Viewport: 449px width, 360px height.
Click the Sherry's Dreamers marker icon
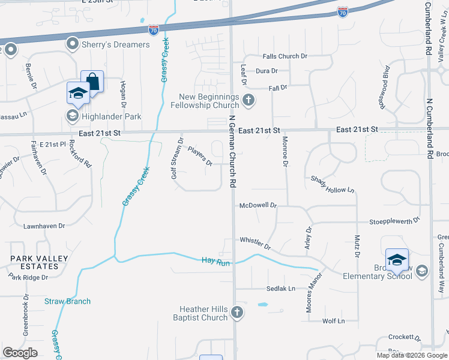click(73, 44)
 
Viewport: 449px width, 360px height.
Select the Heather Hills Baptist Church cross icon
click(237, 313)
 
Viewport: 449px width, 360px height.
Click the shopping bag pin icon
click(92, 80)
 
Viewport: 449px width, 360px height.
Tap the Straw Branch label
click(67, 301)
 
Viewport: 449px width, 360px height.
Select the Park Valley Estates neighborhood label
click(38, 263)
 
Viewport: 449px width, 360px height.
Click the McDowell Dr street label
click(258, 205)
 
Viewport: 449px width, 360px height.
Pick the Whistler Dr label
click(255, 243)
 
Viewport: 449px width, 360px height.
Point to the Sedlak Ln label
click(282, 289)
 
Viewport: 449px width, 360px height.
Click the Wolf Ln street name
click(333, 321)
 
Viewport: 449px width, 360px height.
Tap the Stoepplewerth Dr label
click(394, 221)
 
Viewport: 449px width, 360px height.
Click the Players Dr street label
click(200, 157)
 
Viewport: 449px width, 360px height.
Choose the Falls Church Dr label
click(285, 56)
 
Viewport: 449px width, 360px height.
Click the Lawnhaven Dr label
click(44, 227)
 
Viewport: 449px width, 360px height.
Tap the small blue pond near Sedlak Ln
click(263, 305)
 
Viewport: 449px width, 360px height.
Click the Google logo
click(20, 352)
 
